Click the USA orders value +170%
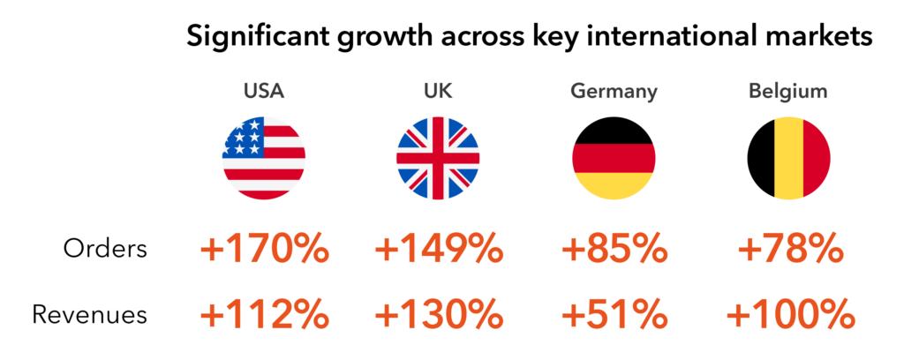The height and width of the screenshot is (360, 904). coord(265,251)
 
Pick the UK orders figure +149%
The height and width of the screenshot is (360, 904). coord(439,251)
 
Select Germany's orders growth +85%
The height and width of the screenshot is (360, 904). coord(614,251)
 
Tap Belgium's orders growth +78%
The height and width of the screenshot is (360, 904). coord(788,251)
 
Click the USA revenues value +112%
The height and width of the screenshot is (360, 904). coord(265,314)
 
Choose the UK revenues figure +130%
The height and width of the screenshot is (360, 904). coord(439,314)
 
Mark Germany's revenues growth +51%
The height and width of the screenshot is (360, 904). coord(614,314)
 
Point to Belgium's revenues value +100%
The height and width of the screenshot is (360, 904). coord(788,314)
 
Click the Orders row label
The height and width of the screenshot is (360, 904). coord(105,250)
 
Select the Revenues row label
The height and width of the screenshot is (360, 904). coord(89,314)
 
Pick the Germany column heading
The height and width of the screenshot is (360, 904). coord(614,91)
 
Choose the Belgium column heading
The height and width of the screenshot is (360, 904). coord(788,91)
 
